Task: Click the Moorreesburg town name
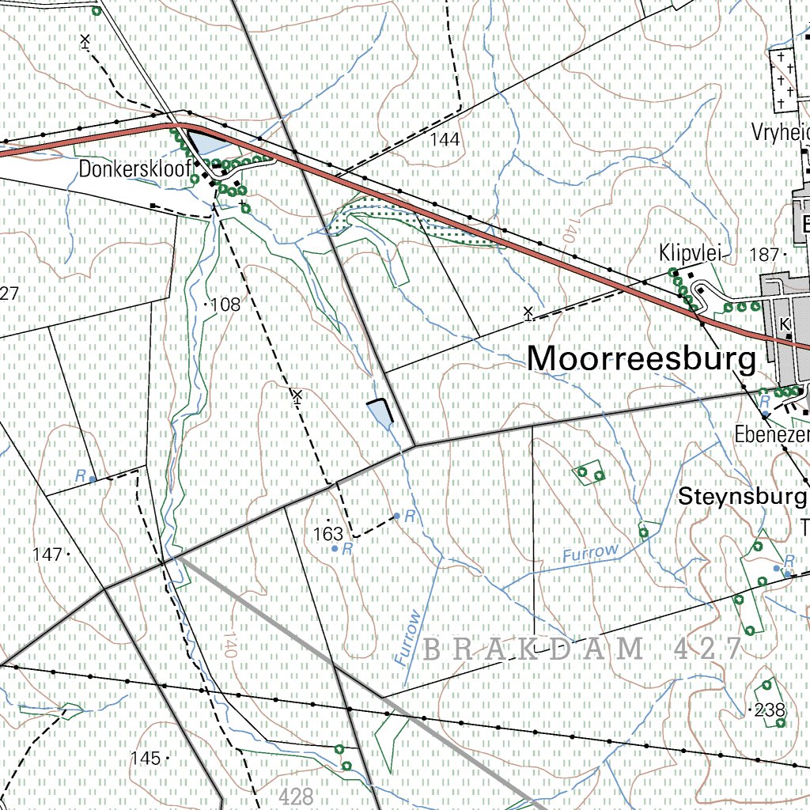642,358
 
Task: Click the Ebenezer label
771,435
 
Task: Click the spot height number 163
328,534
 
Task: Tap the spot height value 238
770,710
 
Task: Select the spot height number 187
763,254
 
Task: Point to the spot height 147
48,555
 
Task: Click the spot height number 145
146,758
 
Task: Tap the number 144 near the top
445,140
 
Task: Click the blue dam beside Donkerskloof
208,144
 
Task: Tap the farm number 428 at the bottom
297,796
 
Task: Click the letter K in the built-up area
785,324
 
